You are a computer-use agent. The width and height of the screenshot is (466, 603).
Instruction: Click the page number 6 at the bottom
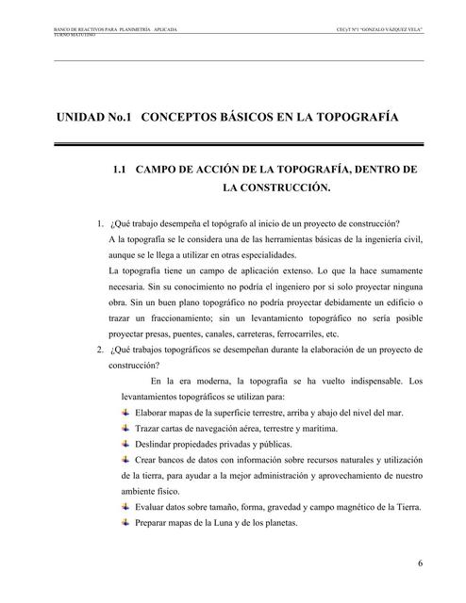coord(418,564)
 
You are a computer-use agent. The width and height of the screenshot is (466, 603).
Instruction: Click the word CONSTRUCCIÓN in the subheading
coord(277,187)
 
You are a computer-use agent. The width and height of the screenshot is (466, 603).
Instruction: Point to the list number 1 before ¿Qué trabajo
coord(100,223)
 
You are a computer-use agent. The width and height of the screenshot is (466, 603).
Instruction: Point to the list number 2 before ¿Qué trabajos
coord(100,350)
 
